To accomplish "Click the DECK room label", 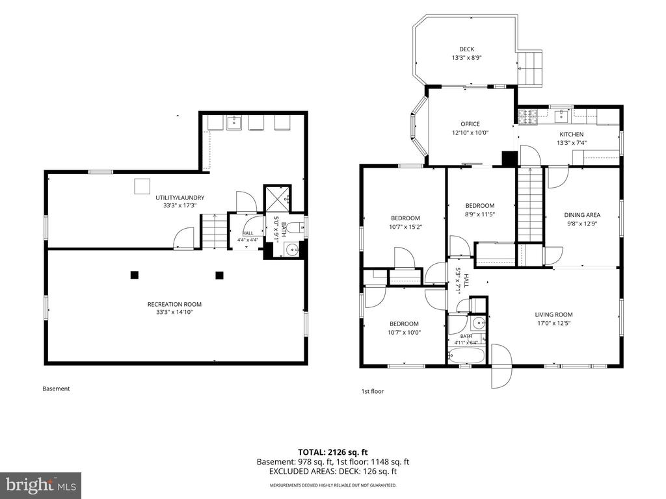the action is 466,49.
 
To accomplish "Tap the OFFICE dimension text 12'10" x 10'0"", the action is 470,133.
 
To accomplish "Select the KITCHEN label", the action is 571,134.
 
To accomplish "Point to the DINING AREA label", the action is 582,215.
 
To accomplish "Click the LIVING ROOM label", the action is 553,314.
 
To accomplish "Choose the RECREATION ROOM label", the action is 174,304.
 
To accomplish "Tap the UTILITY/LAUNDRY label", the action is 180,198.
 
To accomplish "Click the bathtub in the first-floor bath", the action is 466,355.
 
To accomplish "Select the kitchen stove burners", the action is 527,118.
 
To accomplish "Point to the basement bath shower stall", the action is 278,199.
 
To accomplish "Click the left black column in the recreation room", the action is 134,275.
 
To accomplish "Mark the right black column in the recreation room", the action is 219,275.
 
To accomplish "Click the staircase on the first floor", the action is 529,205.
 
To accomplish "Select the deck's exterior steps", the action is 530,68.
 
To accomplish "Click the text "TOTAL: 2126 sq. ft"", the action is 332,452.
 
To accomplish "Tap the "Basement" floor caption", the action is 56,389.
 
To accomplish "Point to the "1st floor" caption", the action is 373,391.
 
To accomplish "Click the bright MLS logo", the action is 41,485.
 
